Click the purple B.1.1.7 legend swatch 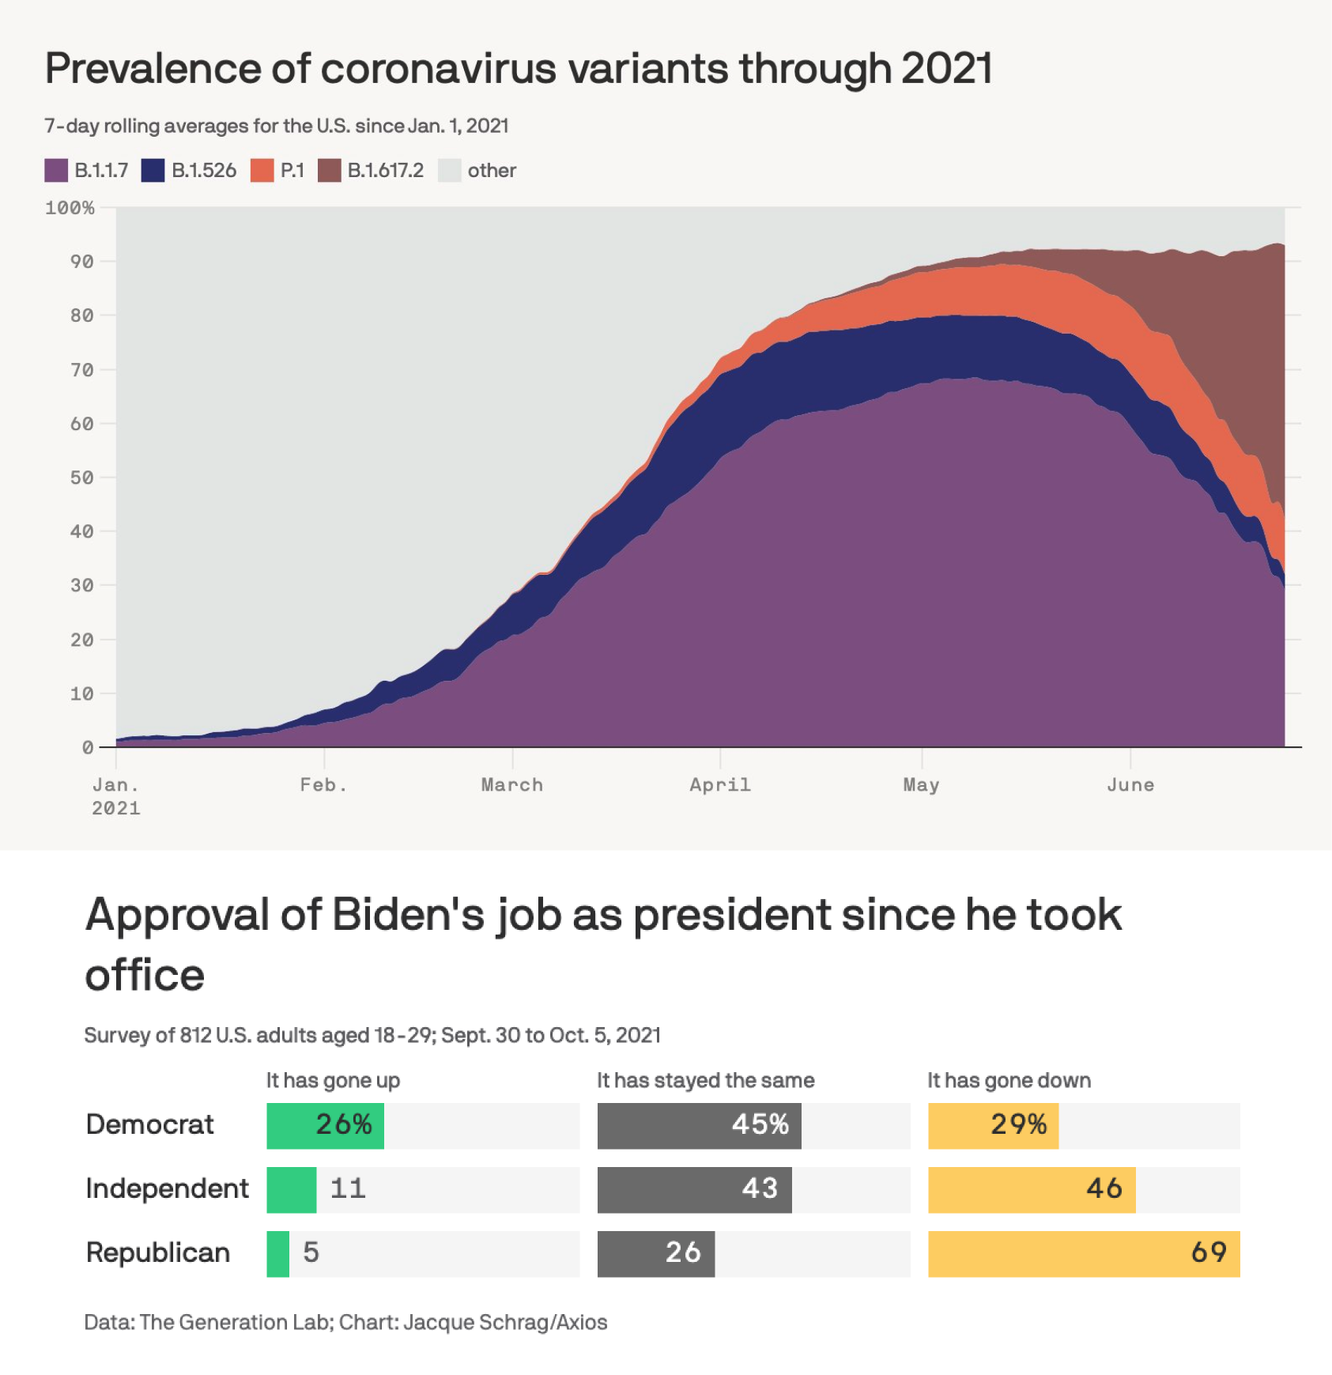tap(56, 170)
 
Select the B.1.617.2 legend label tap(385, 170)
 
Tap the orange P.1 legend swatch tap(262, 170)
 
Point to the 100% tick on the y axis tap(70, 208)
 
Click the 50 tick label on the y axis tap(81, 478)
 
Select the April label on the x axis tap(719, 784)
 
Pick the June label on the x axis tap(1130, 784)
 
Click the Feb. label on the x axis tap(323, 784)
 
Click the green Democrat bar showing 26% tap(325, 1125)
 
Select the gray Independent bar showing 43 tap(694, 1189)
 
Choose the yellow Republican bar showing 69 tap(1083, 1253)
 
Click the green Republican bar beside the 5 tap(277, 1253)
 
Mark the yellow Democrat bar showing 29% tap(993, 1125)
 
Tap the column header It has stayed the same tap(705, 1080)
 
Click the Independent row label tap(167, 1188)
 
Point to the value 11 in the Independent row tap(348, 1188)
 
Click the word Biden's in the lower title tap(408, 915)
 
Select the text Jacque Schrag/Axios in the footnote tap(505, 1322)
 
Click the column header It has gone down tap(1009, 1080)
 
